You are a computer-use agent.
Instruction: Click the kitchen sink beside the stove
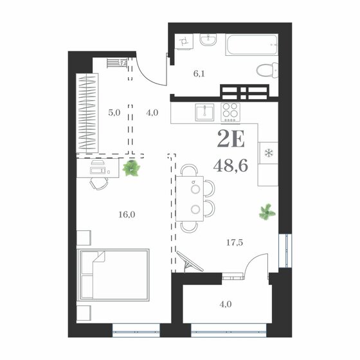[204, 113]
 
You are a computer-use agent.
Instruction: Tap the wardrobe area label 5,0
[114, 112]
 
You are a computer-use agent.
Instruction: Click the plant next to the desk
[132, 169]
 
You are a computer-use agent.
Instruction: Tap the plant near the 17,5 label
[265, 211]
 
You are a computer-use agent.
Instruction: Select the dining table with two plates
[193, 199]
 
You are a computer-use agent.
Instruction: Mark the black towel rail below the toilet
[242, 91]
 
